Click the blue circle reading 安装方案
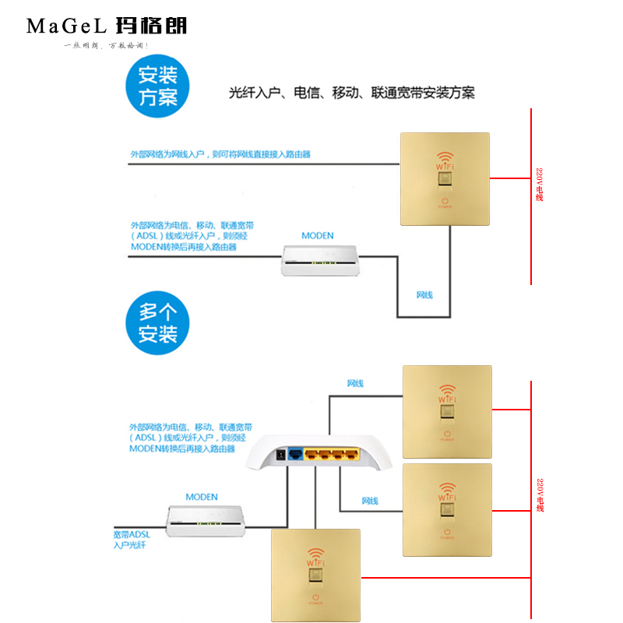click(158, 86)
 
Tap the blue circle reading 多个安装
click(158, 323)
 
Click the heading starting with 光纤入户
click(351, 93)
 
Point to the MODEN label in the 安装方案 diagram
click(317, 236)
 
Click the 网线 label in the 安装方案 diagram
click(424, 295)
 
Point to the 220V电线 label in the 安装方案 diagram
click(539, 185)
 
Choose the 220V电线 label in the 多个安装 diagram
click(540, 495)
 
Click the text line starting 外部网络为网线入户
click(220, 154)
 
